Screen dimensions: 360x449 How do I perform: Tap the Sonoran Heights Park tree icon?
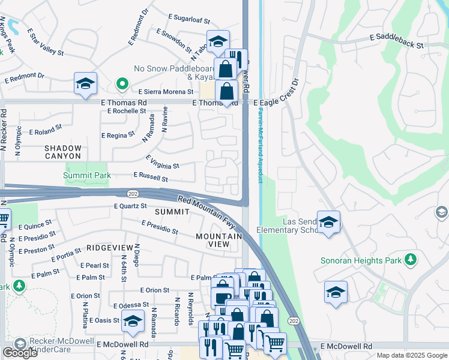[411, 259]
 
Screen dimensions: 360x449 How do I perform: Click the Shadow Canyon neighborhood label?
[62, 152]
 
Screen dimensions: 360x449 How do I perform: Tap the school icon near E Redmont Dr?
[86, 84]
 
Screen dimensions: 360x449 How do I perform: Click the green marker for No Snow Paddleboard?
[121, 85]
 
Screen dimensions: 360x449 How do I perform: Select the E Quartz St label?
[130, 206]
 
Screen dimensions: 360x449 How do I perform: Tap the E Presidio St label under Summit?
[160, 227]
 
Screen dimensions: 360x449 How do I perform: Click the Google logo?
[20, 353]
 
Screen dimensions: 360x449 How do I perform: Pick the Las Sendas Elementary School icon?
[328, 223]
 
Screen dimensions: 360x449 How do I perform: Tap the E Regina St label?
[117, 136]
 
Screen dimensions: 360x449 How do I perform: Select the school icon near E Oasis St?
[133, 321]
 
